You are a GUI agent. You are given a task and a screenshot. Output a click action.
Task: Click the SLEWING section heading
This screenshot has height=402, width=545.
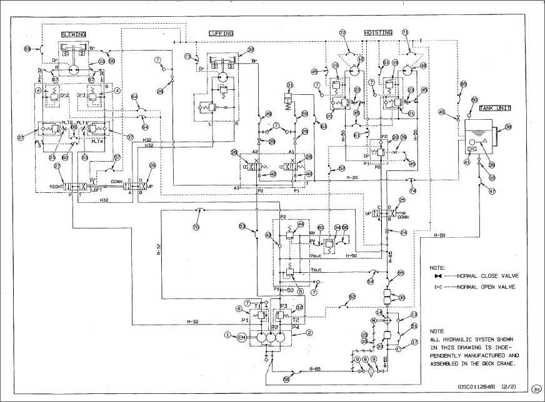click(73, 33)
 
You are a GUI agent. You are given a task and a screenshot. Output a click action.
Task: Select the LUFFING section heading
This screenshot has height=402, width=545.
click(221, 33)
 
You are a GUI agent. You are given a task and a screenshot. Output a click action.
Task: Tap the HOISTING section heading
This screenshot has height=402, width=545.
click(378, 33)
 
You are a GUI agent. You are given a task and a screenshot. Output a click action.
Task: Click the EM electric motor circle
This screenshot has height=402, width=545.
click(242, 338)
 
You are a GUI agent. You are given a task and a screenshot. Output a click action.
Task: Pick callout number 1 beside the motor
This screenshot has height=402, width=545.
click(228, 335)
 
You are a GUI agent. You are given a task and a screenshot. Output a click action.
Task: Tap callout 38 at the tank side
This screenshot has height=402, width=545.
click(508, 127)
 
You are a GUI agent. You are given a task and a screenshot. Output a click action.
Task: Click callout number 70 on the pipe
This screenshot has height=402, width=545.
click(196, 228)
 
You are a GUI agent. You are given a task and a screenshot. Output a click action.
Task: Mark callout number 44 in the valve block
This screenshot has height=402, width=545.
click(300, 224)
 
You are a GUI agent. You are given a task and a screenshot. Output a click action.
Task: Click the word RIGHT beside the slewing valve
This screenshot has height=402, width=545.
click(58, 187)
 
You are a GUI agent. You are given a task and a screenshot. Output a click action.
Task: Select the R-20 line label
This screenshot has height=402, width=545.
click(351, 178)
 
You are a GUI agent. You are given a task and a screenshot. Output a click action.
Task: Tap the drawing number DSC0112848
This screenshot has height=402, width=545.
click(477, 386)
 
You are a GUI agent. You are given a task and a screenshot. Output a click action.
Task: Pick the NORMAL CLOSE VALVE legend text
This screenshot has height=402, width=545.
click(488, 275)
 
